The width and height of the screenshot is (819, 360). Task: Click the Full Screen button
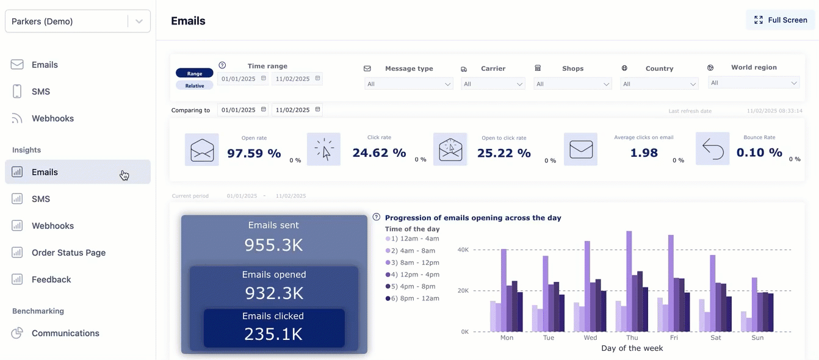(x=781, y=20)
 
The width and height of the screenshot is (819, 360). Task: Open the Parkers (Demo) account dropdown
(x=78, y=21)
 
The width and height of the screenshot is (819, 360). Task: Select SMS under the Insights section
(x=41, y=199)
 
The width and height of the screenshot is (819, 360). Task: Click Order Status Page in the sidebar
(x=68, y=253)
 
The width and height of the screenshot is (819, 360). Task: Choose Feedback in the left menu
(x=51, y=279)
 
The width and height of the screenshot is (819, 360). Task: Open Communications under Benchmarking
(x=65, y=333)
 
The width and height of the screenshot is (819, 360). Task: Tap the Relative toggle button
(x=195, y=85)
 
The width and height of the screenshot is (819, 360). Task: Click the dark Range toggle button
(x=195, y=73)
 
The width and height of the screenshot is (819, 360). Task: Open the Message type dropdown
(x=408, y=84)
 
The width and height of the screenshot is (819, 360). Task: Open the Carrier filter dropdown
(x=493, y=84)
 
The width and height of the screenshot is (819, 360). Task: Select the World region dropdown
(x=754, y=83)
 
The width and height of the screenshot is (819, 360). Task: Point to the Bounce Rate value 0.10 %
(x=759, y=153)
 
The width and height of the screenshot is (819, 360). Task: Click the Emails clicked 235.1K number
(x=273, y=334)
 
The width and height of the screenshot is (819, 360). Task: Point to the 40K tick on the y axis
(x=463, y=250)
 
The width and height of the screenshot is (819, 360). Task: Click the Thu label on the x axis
(x=632, y=337)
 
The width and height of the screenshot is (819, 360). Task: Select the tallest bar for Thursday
(x=629, y=281)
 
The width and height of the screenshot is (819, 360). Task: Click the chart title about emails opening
(x=473, y=218)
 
